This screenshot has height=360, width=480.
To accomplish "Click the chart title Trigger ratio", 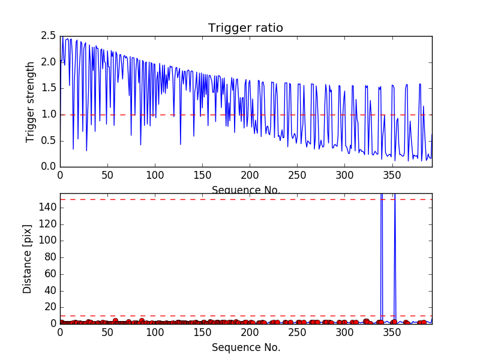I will (245, 28).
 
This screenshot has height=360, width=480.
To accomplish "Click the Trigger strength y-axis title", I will (30, 102).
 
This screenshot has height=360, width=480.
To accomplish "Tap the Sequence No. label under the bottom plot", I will (245, 347).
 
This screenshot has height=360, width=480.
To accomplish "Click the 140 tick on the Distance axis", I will (47, 208).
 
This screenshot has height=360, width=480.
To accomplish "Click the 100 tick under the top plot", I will (155, 176).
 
